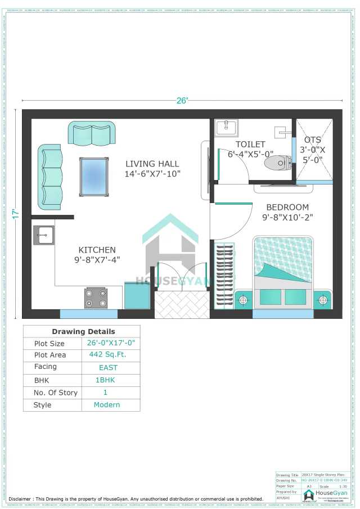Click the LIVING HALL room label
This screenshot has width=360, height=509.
point(152,164)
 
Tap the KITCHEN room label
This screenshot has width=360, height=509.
point(97,250)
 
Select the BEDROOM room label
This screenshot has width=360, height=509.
point(287,207)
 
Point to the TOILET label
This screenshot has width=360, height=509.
point(250,145)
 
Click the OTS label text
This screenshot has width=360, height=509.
point(313,139)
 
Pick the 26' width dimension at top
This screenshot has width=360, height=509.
point(182,101)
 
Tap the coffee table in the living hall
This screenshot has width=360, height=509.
point(94,177)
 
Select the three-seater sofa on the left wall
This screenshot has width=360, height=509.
point(49,177)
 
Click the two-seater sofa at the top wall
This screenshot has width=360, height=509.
point(91,133)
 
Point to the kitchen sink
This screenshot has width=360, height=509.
point(43,235)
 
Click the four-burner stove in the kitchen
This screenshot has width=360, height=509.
point(96,298)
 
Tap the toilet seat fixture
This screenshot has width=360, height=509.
point(278,163)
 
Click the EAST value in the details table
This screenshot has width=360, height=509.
point(108,367)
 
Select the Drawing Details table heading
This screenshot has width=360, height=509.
point(83,331)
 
